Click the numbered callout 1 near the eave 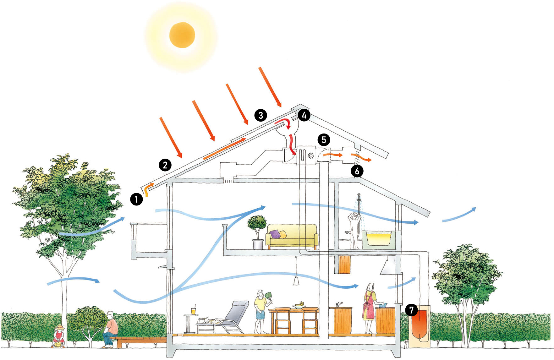136,199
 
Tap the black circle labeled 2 165,165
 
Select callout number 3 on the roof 261,115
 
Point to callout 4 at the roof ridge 304,115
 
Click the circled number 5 324,139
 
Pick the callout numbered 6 357,171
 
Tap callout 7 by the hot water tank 411,310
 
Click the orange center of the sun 182,35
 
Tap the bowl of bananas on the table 299,304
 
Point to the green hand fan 269,295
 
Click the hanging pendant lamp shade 296,281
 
